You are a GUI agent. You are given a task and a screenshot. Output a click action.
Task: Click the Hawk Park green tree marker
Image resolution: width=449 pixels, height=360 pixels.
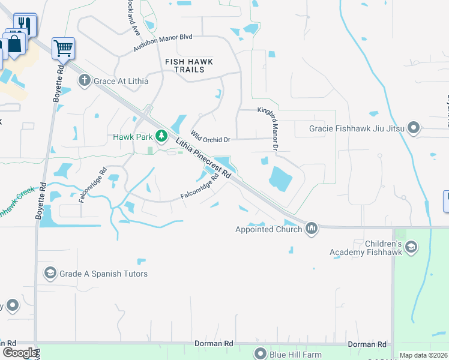point(161,136)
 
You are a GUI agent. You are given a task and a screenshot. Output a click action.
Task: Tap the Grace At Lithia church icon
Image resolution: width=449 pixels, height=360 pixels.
point(84,80)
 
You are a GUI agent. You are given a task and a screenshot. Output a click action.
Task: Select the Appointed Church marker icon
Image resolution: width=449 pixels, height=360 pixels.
point(311,229)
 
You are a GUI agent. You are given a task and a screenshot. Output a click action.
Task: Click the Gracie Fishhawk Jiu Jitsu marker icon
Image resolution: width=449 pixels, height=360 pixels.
point(413,128)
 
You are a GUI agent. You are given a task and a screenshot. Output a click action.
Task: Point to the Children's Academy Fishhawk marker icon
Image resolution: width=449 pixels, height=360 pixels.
point(411,247)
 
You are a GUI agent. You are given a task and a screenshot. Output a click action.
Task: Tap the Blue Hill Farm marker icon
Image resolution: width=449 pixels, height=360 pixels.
point(260,353)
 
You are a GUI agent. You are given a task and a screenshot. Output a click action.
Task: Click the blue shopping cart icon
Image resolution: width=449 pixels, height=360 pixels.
point(63,47)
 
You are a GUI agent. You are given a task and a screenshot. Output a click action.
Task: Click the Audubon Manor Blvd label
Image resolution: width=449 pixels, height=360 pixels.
point(162,41)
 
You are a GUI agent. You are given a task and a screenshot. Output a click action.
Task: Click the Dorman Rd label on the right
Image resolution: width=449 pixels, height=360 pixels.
point(366,344)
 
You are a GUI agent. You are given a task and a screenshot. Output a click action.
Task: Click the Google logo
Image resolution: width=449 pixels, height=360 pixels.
point(20,353)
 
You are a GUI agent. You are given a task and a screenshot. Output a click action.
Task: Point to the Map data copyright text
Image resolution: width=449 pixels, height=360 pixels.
point(423,355)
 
